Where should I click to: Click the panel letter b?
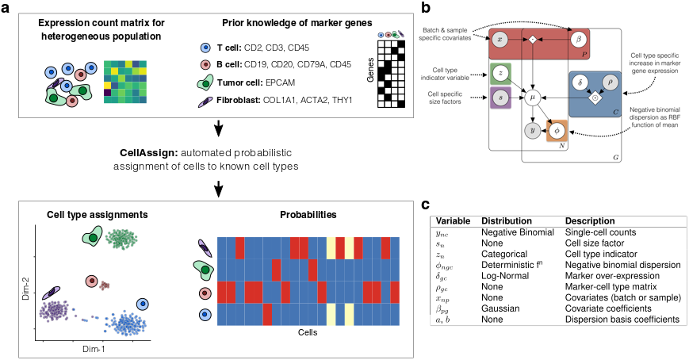coord(427,9)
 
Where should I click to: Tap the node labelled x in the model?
coord(500,38)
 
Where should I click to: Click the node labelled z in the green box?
coord(500,73)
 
